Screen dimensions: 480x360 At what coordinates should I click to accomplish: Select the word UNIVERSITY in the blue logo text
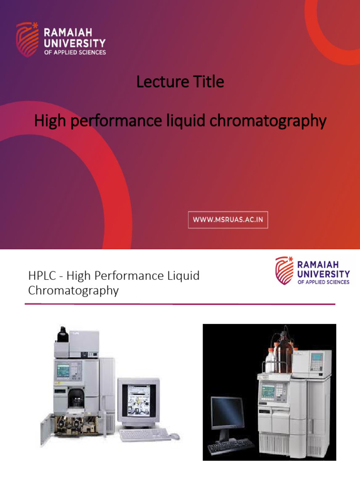pos(323,274)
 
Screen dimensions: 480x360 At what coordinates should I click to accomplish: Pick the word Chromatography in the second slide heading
pos(73,291)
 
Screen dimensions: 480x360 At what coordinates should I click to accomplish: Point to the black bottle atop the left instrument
pos(62,334)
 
